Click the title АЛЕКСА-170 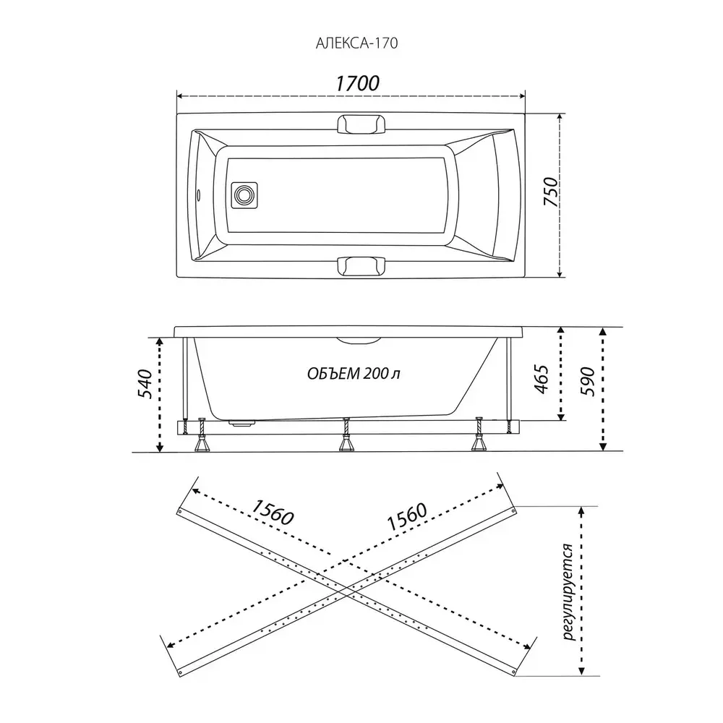[x=356, y=43]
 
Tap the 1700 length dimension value [x=357, y=83]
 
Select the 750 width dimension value [x=550, y=192]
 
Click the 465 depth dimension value [x=542, y=379]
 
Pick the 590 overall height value [x=587, y=381]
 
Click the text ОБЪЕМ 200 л [x=354, y=373]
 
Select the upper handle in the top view [x=361, y=124]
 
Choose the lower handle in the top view [x=361, y=265]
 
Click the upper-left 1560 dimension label [x=273, y=513]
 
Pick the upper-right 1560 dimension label [x=406, y=517]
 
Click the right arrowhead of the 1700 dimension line [x=522, y=96]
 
